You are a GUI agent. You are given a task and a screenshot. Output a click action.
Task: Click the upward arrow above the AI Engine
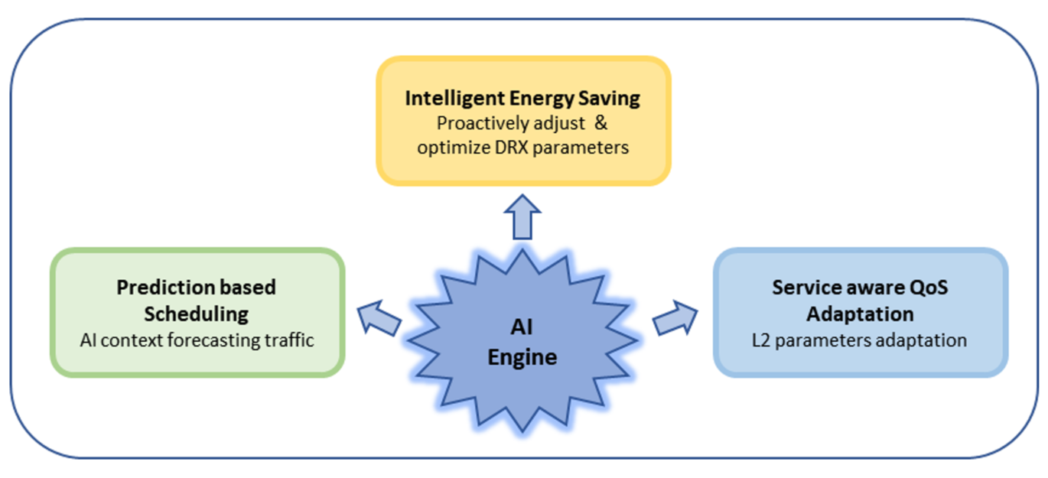tap(522, 217)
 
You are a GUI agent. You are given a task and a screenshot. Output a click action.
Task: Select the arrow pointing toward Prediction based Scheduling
tap(379, 318)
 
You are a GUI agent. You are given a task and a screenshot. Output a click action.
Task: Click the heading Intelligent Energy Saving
tap(522, 98)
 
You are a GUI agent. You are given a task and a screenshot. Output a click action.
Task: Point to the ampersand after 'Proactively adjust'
tap(600, 123)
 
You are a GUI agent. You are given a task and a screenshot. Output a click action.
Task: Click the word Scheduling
tap(196, 314)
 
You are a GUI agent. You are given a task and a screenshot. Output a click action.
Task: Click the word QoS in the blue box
tap(928, 288)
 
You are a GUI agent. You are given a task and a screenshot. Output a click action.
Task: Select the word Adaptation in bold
tap(860, 314)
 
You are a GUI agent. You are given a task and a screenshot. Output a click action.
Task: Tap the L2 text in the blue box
tap(760, 340)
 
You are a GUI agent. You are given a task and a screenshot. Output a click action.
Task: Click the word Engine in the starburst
tap(522, 358)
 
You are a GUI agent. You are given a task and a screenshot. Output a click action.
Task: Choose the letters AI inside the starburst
tap(522, 327)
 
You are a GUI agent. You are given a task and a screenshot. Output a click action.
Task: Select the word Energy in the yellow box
tap(542, 99)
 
